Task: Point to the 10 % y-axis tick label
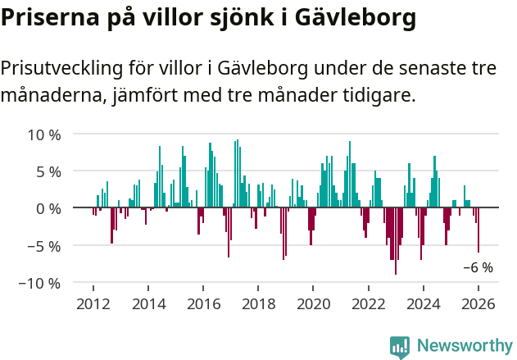(x=44, y=134)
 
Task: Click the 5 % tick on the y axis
(x=48, y=171)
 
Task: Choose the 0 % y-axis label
(x=48, y=208)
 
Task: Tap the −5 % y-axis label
(x=44, y=245)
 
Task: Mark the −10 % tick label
(x=41, y=283)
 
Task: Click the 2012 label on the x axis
(x=93, y=303)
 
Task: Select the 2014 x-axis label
(x=148, y=303)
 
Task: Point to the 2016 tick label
(x=203, y=303)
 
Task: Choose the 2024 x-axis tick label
(x=424, y=303)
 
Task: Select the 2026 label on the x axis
(x=478, y=303)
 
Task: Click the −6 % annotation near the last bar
(x=478, y=267)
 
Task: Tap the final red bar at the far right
(x=478, y=230)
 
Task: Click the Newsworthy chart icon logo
(x=400, y=347)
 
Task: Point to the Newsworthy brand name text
(x=464, y=346)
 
